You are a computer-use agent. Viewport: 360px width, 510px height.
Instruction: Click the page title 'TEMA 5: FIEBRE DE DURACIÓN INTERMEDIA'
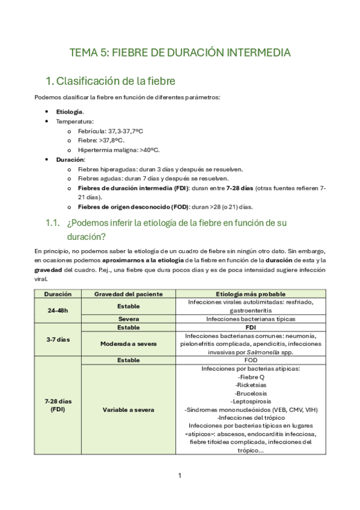point(180,53)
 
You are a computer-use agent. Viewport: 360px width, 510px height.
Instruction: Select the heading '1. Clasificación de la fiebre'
point(111,81)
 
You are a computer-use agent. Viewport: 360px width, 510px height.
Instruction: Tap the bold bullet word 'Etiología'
point(70,112)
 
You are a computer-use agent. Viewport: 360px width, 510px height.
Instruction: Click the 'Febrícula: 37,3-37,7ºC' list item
point(110,131)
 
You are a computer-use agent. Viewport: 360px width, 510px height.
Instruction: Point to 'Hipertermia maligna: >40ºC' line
point(118,150)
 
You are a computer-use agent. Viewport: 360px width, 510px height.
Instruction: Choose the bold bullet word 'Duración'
point(70,160)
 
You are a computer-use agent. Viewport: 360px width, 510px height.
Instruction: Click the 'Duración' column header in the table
point(58,294)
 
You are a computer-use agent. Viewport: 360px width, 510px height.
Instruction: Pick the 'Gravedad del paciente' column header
point(128,294)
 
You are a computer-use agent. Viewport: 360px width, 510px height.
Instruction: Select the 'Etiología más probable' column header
point(250,294)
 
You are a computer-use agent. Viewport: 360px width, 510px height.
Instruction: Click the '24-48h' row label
point(58,310)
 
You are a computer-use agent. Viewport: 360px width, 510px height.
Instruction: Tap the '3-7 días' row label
point(58,339)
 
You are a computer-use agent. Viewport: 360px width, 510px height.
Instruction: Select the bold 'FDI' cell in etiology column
point(250,328)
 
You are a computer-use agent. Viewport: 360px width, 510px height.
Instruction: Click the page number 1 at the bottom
point(180,476)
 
